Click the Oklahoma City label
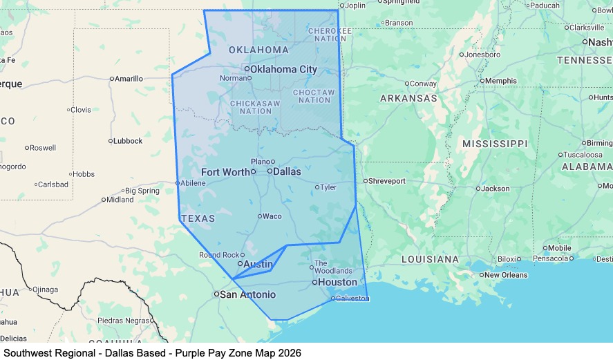[283, 69]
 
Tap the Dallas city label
[287, 171]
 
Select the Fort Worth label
[225, 171]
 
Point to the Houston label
[338, 282]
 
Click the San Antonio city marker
[216, 294]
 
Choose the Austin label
[258, 264]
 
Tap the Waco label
[272, 216]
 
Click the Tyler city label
[328, 187]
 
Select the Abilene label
[193, 183]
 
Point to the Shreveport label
[387, 181]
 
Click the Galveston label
[352, 299]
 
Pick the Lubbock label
[129, 141]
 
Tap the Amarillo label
[129, 79]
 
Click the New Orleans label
[506, 275]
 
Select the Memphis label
[501, 81]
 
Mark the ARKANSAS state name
[408, 99]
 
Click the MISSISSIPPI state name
[495, 144]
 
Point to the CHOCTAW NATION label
[313, 96]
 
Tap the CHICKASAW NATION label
[256, 107]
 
